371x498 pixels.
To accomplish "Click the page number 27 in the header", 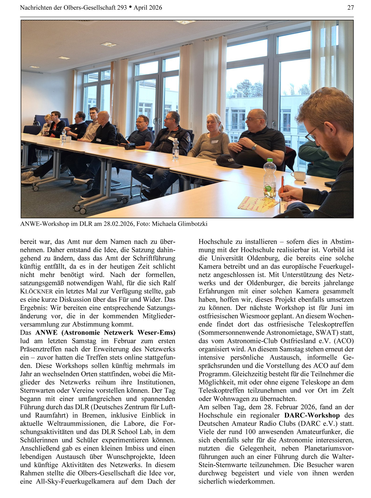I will point(350,8).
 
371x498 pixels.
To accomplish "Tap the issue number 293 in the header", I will point(122,8).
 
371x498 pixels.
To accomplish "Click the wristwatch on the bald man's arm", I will point(254,147).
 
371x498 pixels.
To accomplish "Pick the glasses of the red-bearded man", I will point(311,134).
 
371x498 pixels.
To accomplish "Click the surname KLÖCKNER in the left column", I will point(36,291).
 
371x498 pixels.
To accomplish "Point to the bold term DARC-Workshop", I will point(312,415).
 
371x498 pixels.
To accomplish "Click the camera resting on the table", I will point(130,146).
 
